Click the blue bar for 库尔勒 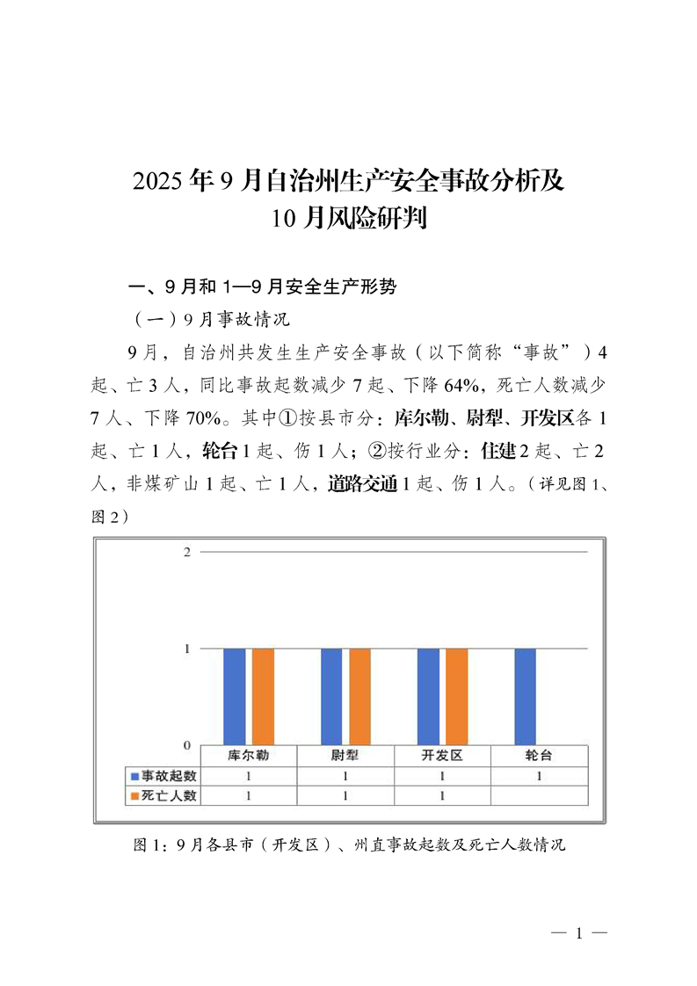click(235, 696)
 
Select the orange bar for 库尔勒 click(263, 696)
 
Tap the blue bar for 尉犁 click(331, 696)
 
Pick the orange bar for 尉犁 click(360, 696)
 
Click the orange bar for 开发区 click(457, 696)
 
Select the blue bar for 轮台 click(525, 696)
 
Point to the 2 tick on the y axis click(186, 551)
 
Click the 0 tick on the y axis click(186, 745)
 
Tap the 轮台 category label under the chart click(538, 756)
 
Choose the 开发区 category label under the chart click(442, 756)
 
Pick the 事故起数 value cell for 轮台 click(538, 776)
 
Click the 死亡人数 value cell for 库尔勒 click(249, 796)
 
